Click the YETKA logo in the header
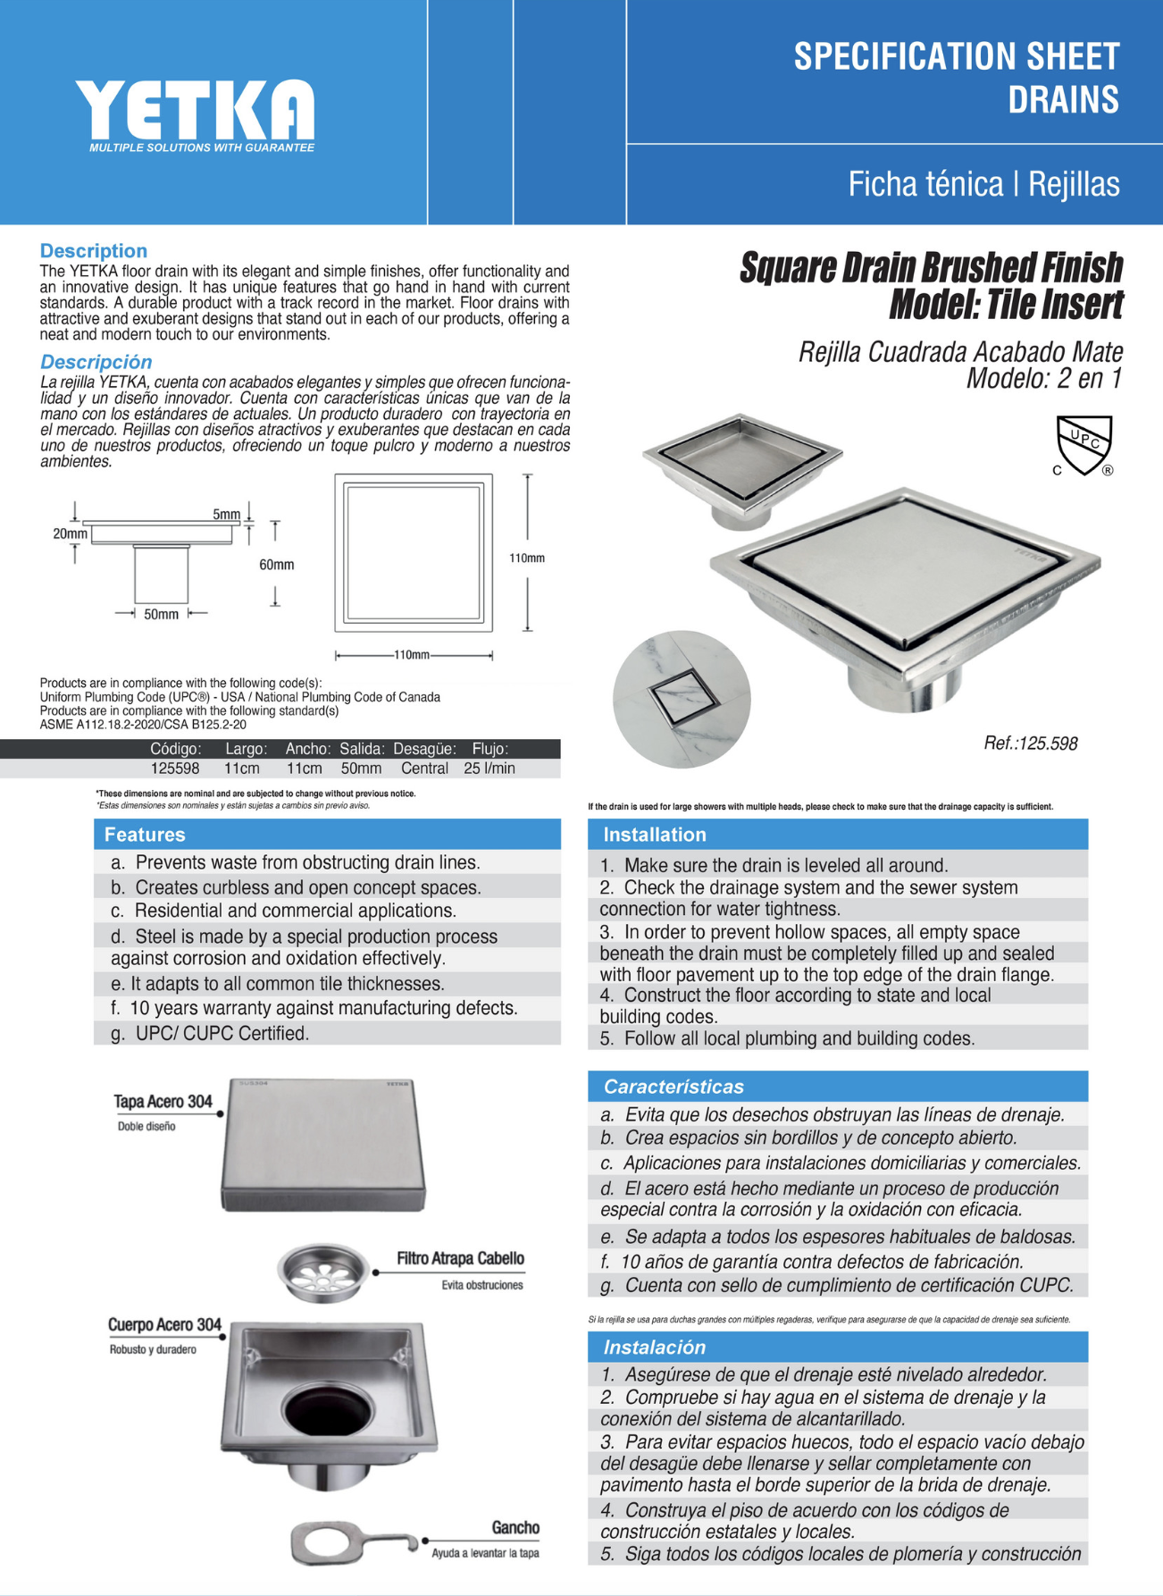point(195,111)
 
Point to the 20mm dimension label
point(70,533)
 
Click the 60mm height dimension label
point(276,565)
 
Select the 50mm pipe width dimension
point(161,615)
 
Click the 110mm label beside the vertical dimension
point(527,558)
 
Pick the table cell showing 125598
point(174,769)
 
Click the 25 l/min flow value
point(489,769)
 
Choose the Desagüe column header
point(424,749)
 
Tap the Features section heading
point(145,835)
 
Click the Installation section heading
point(655,835)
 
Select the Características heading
point(674,1087)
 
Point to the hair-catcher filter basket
point(323,1269)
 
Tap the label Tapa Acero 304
point(163,1102)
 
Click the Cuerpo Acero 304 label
point(164,1324)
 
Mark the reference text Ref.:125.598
point(1030,743)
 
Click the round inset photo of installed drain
point(682,699)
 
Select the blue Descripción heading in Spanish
point(96,362)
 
